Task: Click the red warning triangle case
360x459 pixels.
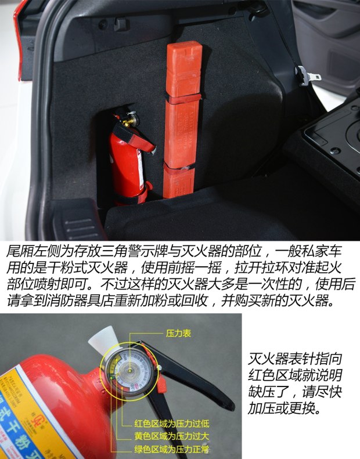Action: coord(183,116)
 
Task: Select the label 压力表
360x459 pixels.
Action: coord(178,334)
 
